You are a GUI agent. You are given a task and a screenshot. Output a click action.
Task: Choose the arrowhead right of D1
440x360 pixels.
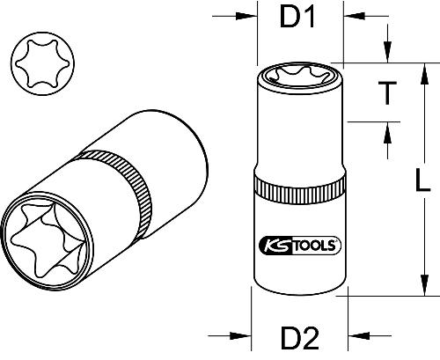click(x=350, y=16)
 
